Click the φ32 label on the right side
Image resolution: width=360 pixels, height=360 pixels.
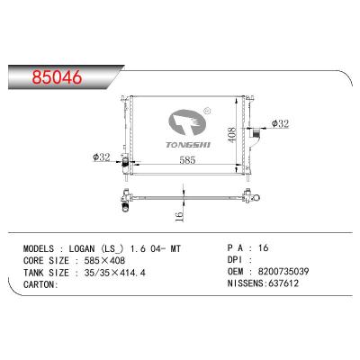(x=280, y=124)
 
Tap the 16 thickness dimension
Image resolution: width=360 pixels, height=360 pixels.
(x=179, y=217)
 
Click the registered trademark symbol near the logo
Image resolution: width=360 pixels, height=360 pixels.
(x=206, y=114)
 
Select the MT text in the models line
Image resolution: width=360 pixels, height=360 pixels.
(x=186, y=247)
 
